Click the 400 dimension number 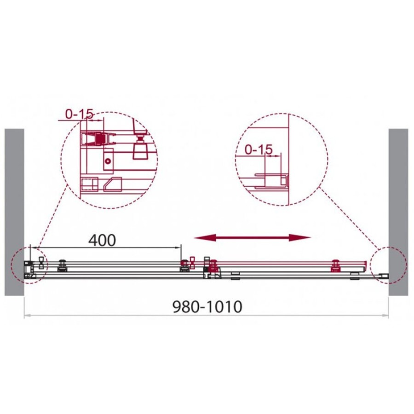[x=102, y=240]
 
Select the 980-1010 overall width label [x=207, y=307]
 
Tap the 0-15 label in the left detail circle [x=79, y=114]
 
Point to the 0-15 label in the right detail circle [x=259, y=149]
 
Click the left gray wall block [x=14, y=212]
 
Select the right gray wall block [x=398, y=212]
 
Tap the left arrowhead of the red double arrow [x=205, y=238]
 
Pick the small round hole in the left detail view [x=108, y=161]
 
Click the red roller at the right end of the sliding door [x=336, y=266]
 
